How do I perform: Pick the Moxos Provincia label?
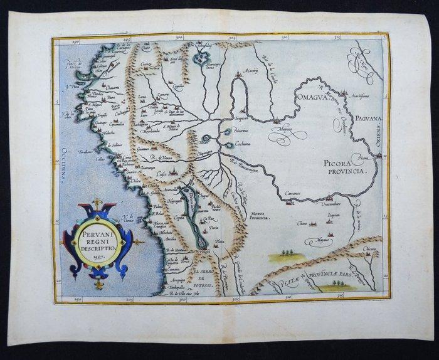(259, 217)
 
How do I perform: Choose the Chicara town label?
(369, 249)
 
